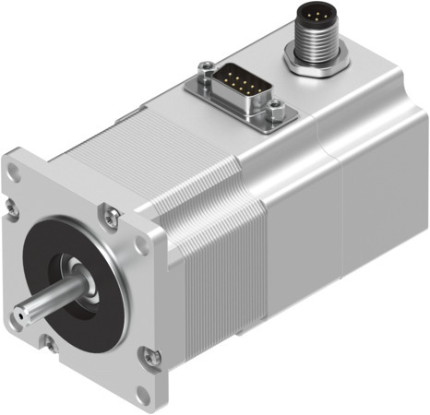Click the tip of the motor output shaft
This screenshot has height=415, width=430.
point(26,317)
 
